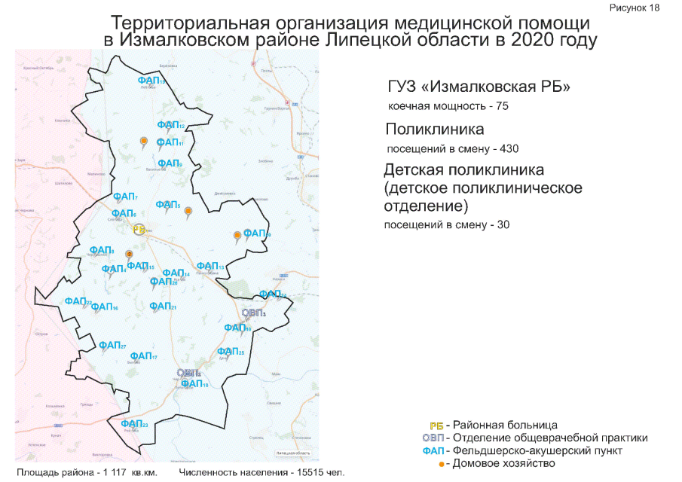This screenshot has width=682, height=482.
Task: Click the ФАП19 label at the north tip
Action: pos(151,80)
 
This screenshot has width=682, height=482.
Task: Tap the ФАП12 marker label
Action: pos(170,125)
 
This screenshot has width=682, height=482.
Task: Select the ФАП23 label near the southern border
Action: pos(133,424)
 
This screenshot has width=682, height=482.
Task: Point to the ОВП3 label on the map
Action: pos(254,313)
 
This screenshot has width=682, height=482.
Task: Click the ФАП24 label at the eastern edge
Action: pos(272,294)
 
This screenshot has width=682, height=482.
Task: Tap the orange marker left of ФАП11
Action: pos(143,140)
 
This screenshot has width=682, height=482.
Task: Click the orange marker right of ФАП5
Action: pos(188,211)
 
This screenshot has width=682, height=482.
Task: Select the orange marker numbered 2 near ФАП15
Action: pos(128,255)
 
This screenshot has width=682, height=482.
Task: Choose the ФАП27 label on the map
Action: pos(112,345)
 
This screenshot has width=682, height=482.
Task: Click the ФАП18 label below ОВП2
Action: pos(194,384)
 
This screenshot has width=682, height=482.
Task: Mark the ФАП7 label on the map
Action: pos(124,197)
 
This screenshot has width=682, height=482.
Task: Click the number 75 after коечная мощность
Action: pos(502,106)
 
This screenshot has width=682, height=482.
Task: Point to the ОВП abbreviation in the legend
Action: pos(433,438)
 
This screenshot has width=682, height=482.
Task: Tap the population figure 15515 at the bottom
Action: pos(305,473)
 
